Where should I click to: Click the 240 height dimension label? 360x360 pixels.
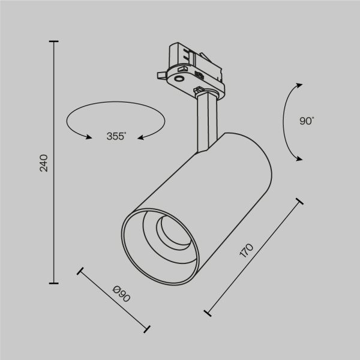coord(43,163)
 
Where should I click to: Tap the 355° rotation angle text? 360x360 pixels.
coord(116,136)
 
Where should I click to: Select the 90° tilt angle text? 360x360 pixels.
coord(307,121)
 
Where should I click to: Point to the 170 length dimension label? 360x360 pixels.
coord(247,250)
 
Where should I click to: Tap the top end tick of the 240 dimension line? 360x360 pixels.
coord(55,41)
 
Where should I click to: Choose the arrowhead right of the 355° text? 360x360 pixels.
coord(142,137)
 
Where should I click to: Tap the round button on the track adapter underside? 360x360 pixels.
coord(180,78)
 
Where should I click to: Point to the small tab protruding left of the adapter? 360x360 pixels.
coord(160,74)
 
